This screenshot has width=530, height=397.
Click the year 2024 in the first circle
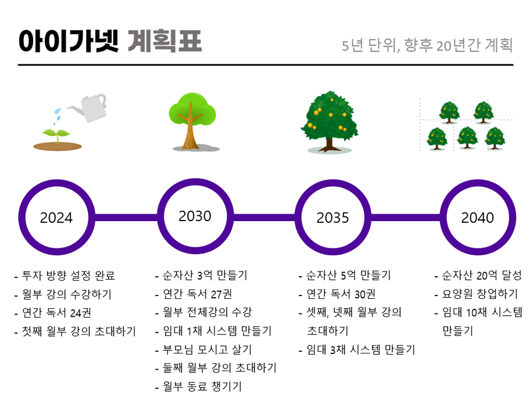pyautogui.click(x=56, y=218)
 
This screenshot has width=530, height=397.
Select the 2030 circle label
pyautogui.click(x=195, y=216)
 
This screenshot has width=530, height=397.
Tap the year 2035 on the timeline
pyautogui.click(x=332, y=218)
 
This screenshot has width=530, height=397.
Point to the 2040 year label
pyautogui.click(x=477, y=218)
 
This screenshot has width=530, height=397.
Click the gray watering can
pyautogui.click(x=89, y=107)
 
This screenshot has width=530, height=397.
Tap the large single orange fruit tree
pyautogui.click(x=330, y=121)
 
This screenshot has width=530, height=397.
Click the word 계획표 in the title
pyautogui.click(x=165, y=41)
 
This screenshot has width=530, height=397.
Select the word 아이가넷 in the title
pyautogui.click(x=69, y=41)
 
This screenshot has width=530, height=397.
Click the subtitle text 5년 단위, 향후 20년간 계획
pyautogui.click(x=427, y=45)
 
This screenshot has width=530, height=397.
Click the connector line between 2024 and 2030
pyautogui.click(x=126, y=218)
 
